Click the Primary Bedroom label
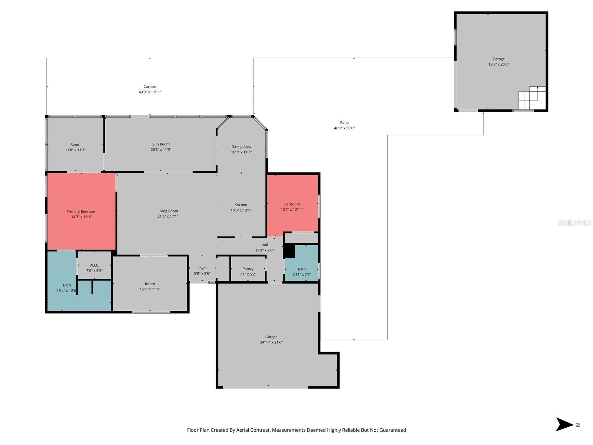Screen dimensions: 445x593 [x=81, y=211]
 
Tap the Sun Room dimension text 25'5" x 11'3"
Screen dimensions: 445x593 [x=161, y=150]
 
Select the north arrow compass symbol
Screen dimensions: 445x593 [x=564, y=425]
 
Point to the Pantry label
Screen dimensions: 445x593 [x=248, y=269]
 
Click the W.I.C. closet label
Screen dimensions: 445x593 [x=94, y=265]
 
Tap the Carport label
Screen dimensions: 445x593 [x=150, y=87]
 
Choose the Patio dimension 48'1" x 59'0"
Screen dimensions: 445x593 [x=344, y=128]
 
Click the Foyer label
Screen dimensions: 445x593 [x=202, y=268]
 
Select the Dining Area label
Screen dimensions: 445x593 [x=241, y=147]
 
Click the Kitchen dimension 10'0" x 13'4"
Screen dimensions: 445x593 [x=241, y=210]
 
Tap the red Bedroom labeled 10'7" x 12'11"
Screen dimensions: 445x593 [x=292, y=207]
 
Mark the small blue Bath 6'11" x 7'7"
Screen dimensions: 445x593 [x=302, y=271]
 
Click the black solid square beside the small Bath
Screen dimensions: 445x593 [x=289, y=251]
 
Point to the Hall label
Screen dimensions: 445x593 [x=264, y=245]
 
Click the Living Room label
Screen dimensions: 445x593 [x=168, y=211]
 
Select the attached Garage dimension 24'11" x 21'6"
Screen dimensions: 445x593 [x=271, y=343]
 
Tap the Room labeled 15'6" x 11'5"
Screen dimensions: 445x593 [x=150, y=286]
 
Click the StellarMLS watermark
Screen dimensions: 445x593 [x=574, y=222]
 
